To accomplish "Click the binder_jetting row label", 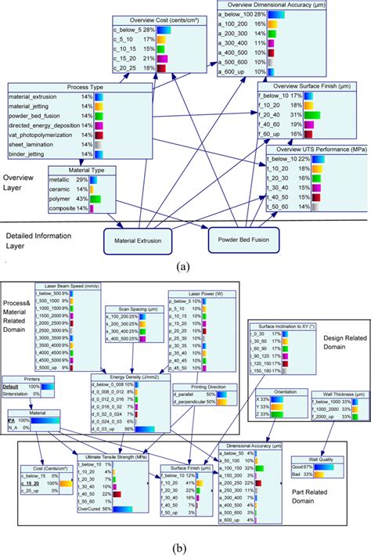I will pyautogui.click(x=29, y=155).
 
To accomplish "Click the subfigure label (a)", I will pyautogui.click(x=184, y=266).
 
